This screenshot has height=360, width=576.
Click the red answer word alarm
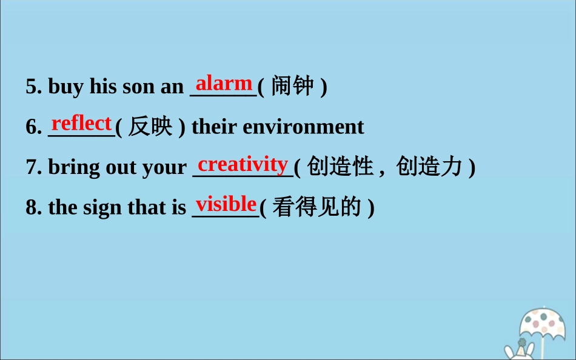[x=224, y=82]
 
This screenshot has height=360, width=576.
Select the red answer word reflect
[x=82, y=123]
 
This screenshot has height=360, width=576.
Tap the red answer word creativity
[x=243, y=164]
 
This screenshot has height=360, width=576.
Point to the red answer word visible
[x=226, y=204]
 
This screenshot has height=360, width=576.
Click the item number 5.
[x=33, y=87]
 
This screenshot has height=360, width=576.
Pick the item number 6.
[x=33, y=127]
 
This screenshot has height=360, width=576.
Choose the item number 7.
[x=33, y=167]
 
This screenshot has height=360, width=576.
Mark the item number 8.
[x=33, y=208]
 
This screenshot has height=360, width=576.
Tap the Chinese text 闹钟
[x=292, y=86]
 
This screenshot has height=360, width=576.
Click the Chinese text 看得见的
[x=317, y=207]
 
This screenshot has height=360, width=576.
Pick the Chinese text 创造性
[x=340, y=167]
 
